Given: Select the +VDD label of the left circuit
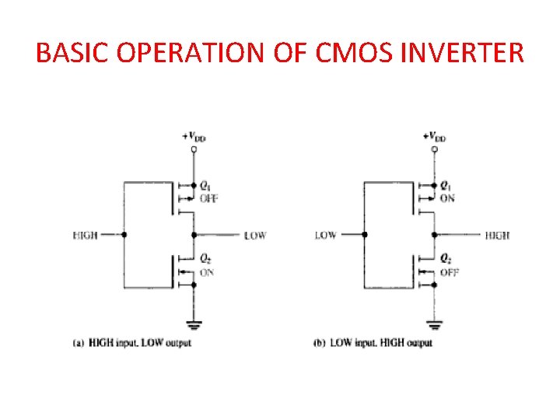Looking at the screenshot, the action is click(194, 136).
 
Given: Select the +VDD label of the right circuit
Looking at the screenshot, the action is click(435, 136).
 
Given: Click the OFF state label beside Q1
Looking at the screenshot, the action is click(208, 198).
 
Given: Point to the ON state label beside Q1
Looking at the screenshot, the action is click(447, 198).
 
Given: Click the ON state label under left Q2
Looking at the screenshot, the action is click(207, 272).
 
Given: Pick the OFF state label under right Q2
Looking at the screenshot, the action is click(449, 272).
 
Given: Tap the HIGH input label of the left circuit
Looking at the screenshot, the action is click(85, 235).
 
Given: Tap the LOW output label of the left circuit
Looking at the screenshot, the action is click(255, 235).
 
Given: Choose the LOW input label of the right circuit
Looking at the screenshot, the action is click(325, 235).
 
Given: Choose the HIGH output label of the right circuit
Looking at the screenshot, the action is click(498, 235).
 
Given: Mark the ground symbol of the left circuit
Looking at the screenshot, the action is click(194, 324).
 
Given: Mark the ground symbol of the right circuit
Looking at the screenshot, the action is click(433, 324).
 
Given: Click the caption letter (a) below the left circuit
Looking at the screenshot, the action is click(79, 342).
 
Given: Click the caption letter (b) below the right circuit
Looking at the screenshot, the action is click(319, 342).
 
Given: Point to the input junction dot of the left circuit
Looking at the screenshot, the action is click(124, 234).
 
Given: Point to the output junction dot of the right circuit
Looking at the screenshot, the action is click(433, 234).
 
